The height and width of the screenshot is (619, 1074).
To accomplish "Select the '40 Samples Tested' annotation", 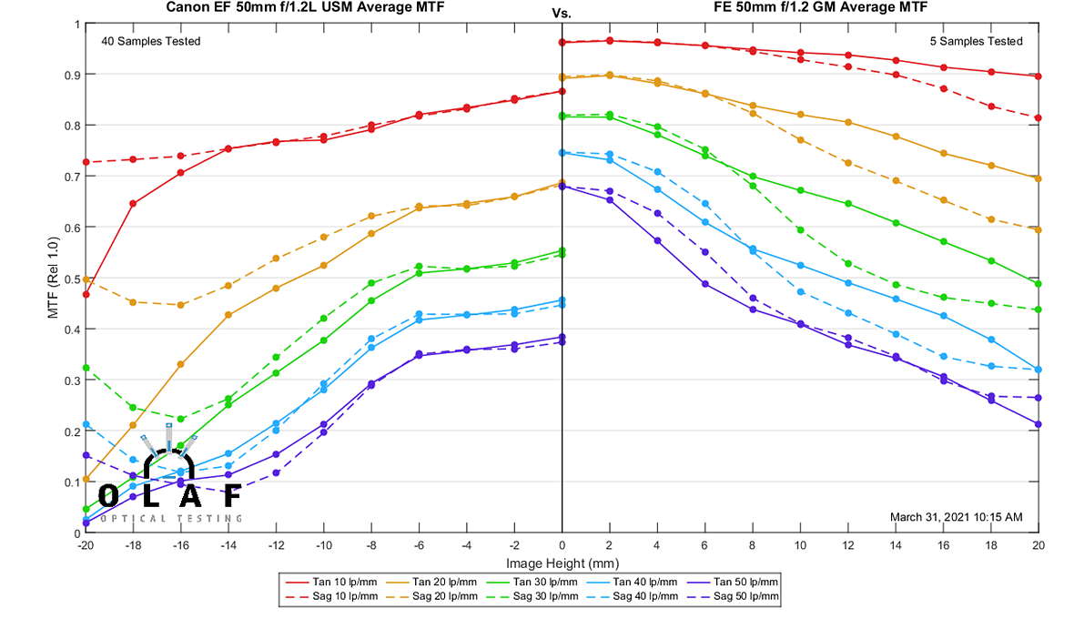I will [151, 41].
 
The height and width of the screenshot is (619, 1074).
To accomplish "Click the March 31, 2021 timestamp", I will [956, 517].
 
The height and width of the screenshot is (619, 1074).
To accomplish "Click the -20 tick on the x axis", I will [85, 546].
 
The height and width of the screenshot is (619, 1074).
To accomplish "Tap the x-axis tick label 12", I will [848, 546].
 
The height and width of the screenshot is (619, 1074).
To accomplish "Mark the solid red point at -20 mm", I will [86, 294].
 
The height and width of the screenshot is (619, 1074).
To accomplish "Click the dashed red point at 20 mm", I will [1039, 118].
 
